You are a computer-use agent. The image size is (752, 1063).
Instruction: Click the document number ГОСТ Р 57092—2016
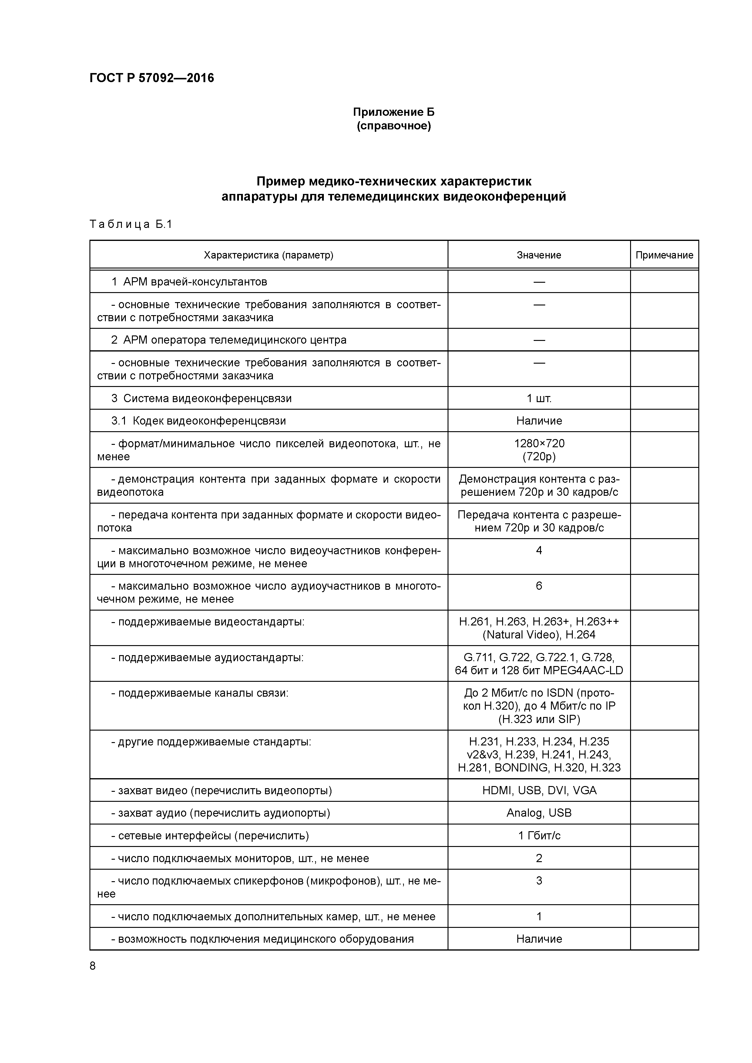152,78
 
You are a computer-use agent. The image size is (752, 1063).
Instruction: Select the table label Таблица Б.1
131,225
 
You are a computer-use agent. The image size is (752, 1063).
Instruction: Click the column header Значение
539,255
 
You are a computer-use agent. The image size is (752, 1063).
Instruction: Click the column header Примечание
664,255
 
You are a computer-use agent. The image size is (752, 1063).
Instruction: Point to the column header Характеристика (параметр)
268,255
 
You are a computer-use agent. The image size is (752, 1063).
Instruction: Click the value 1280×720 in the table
539,444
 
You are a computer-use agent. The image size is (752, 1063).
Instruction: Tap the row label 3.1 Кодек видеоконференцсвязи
198,421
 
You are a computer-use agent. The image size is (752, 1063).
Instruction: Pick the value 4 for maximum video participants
539,551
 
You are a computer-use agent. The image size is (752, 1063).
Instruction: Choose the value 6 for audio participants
539,586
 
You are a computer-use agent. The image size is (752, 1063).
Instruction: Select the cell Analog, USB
539,813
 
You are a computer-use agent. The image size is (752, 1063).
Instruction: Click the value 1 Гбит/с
539,836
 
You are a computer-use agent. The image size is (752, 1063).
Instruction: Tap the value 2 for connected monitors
539,858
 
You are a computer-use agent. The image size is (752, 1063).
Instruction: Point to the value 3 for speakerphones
539,881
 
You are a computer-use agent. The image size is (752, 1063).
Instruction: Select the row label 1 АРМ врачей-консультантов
189,282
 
